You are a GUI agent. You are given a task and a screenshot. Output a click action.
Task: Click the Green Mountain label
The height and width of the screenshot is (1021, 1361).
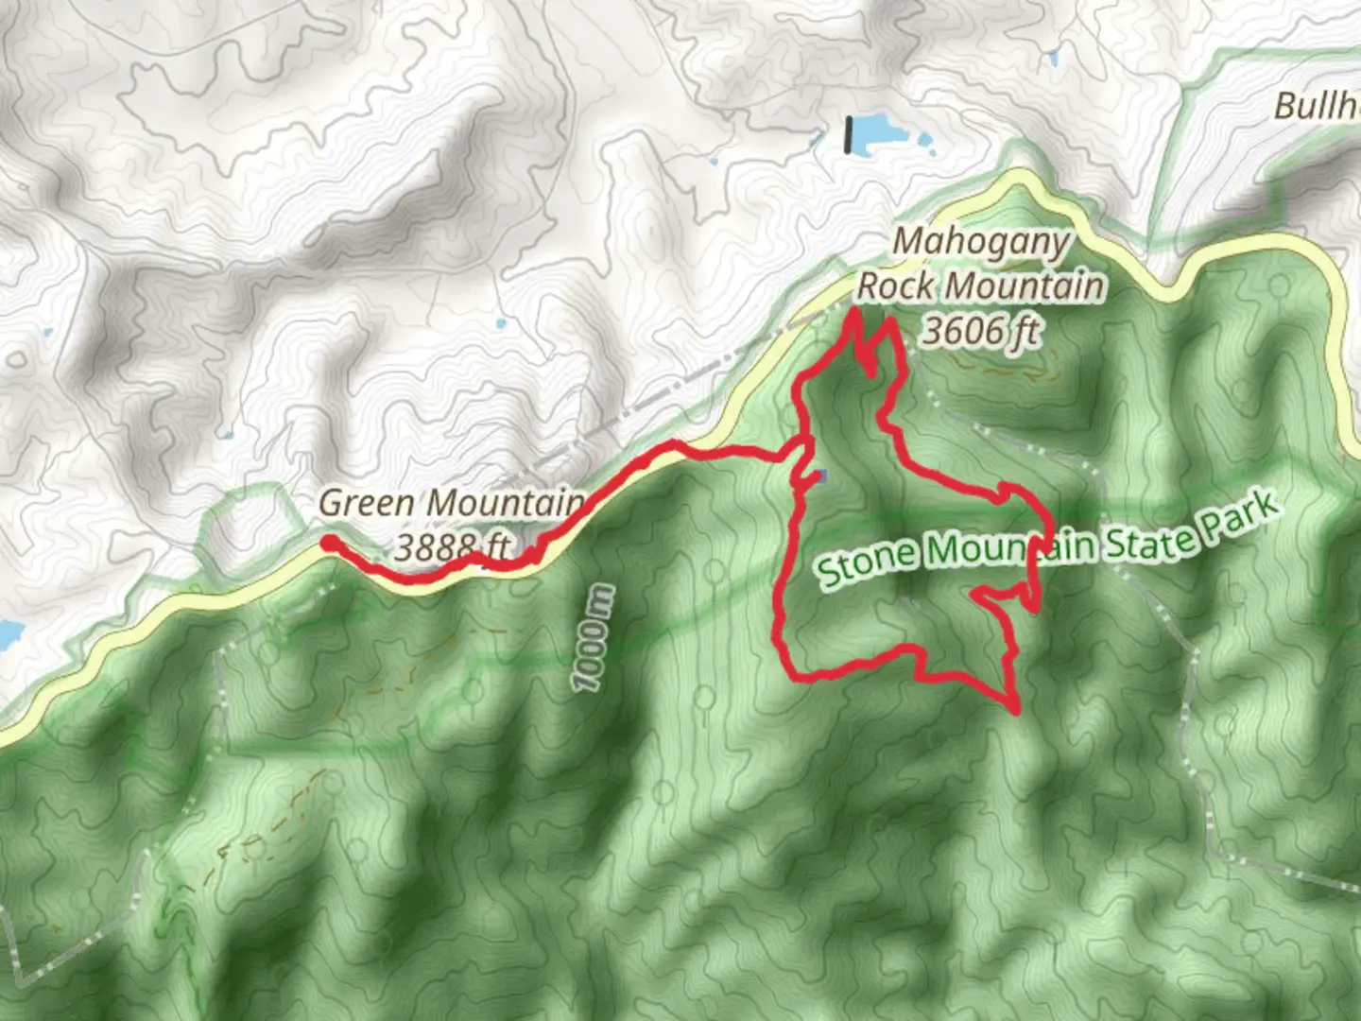451,503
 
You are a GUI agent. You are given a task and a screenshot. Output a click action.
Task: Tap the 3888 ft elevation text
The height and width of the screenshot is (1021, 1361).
452,546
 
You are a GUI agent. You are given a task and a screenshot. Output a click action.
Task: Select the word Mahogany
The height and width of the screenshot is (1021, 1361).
980,242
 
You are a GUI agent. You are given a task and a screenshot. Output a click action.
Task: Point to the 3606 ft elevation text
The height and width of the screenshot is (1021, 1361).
980,331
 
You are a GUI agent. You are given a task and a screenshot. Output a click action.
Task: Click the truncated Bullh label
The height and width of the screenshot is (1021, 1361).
1317,106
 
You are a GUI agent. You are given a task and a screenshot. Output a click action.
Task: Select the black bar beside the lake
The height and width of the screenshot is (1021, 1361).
849,134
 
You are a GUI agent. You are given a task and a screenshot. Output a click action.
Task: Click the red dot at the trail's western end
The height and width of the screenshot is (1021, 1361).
329,543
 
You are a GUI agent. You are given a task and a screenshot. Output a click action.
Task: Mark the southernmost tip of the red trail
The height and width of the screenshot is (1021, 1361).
1016,710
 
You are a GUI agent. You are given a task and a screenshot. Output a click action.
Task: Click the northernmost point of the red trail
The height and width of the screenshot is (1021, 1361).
854,309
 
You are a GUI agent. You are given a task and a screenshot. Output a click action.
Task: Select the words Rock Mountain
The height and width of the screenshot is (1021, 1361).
980,286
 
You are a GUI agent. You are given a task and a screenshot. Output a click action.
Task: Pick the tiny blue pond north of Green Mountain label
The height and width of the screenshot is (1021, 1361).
500,324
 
